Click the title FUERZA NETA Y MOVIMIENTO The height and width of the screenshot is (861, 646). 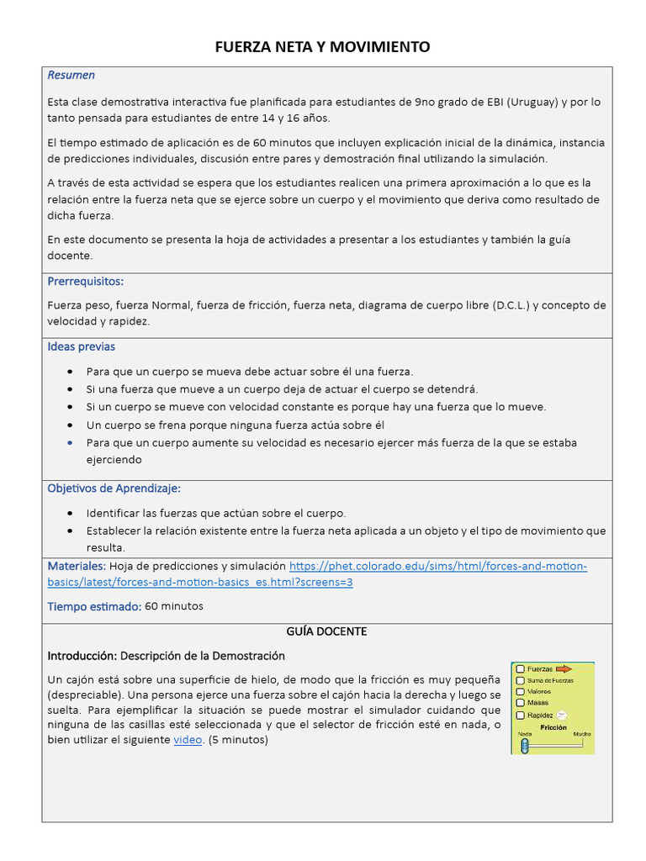click(322, 47)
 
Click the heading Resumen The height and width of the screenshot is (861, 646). click(71, 76)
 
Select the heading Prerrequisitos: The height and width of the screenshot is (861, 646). click(85, 281)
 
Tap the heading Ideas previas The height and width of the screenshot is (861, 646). click(81, 346)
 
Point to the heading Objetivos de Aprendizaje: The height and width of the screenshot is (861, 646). click(114, 488)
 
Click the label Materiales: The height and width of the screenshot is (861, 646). click(77, 566)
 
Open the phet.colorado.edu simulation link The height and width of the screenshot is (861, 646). click(437, 566)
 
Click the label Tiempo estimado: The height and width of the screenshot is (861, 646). click(94, 605)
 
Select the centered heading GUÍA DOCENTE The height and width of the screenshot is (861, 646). click(326, 631)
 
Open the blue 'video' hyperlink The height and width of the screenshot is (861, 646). click(188, 740)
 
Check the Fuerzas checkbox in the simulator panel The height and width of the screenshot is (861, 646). click(521, 669)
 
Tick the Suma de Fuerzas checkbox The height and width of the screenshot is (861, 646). click(521, 680)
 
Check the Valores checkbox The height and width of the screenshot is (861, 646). click(521, 691)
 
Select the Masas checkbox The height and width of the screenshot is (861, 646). click(521, 702)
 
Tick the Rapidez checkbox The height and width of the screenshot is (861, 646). click(521, 714)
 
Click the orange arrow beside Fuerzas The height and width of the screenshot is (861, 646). click(564, 669)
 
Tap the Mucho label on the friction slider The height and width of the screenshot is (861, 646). click(582, 734)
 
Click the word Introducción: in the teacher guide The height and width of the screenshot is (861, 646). click(82, 655)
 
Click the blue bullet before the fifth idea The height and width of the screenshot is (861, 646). click(69, 442)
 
